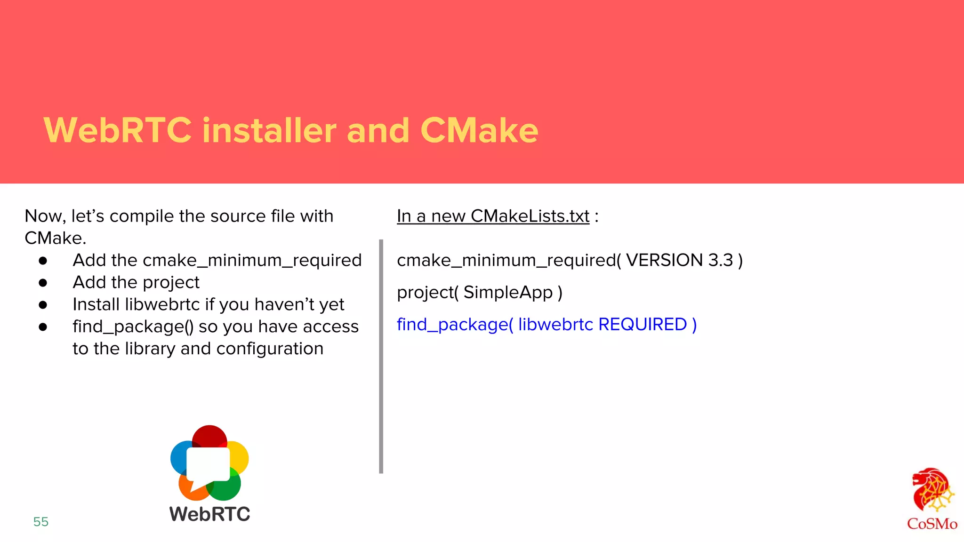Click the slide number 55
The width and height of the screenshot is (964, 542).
pos(41,521)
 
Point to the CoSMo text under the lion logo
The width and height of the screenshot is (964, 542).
pos(932,524)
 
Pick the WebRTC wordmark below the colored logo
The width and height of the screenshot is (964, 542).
pos(210,514)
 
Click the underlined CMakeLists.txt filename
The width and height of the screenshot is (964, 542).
pos(530,216)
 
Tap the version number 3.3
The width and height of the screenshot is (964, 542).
pos(721,260)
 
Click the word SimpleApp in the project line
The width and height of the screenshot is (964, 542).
pos(508,292)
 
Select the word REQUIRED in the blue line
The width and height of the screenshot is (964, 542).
pos(643,324)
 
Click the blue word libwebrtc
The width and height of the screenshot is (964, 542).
pos(555,324)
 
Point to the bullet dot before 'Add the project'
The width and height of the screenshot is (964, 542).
pos(43,283)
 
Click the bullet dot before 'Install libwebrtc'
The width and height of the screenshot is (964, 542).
pos(43,305)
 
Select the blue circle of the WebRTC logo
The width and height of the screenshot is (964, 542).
pos(179,456)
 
